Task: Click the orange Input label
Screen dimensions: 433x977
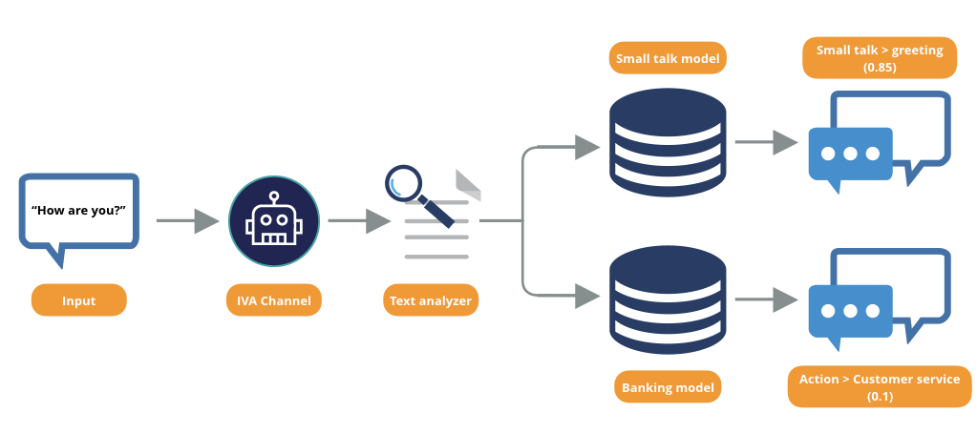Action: [78, 300]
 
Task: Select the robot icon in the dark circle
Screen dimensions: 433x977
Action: [274, 221]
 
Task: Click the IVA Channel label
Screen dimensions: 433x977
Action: [274, 300]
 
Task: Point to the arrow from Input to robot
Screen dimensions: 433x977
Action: [187, 221]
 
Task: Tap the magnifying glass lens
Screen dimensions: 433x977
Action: [404, 184]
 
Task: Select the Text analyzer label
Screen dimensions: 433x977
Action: [431, 300]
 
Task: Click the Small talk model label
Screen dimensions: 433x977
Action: [668, 58]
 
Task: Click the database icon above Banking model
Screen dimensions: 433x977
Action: [668, 299]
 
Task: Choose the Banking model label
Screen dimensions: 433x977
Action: [668, 388]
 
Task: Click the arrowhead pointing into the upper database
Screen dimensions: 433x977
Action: [587, 147]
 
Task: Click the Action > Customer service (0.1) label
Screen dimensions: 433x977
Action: [879, 387]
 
